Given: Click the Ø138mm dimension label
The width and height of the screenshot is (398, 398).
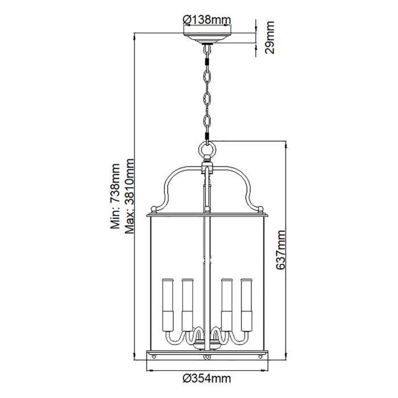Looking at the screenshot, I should click(x=206, y=19).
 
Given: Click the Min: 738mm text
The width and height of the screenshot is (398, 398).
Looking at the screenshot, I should click(x=115, y=196).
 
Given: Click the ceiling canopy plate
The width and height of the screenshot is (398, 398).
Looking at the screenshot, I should click(x=207, y=39).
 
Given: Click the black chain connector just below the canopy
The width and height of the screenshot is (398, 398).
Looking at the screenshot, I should click(x=207, y=53).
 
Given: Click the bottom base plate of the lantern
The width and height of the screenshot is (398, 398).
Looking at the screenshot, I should click(x=207, y=354).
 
